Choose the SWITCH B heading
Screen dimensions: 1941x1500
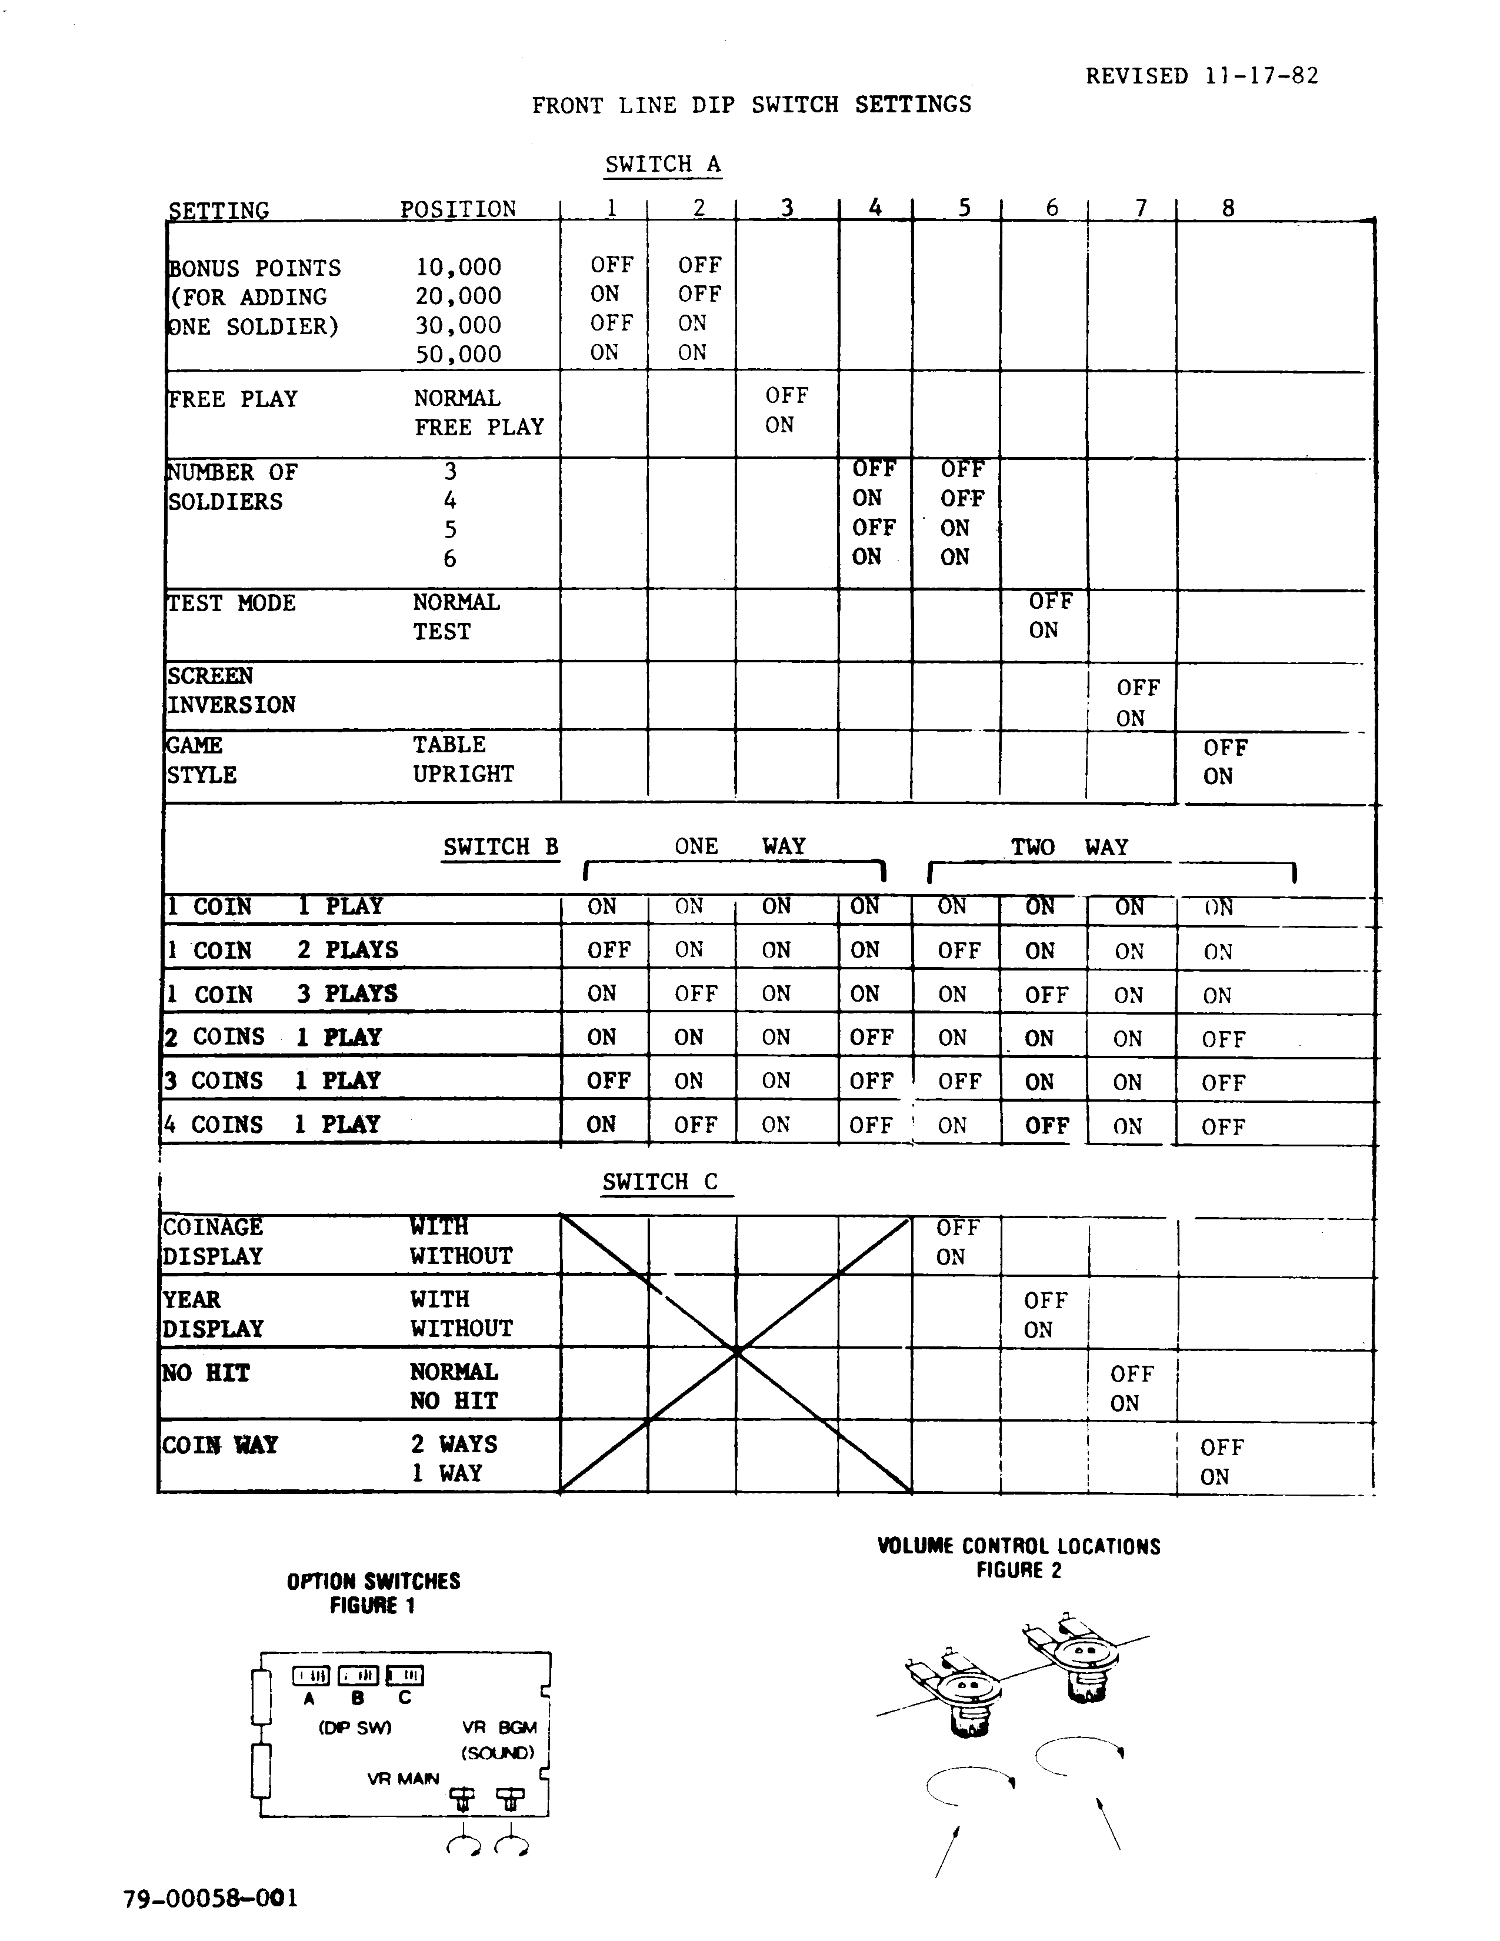tap(501, 847)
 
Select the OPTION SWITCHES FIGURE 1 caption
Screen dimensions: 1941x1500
tap(373, 1593)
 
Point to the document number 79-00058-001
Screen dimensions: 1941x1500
tap(211, 1899)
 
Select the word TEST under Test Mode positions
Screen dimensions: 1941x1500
tap(442, 632)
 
